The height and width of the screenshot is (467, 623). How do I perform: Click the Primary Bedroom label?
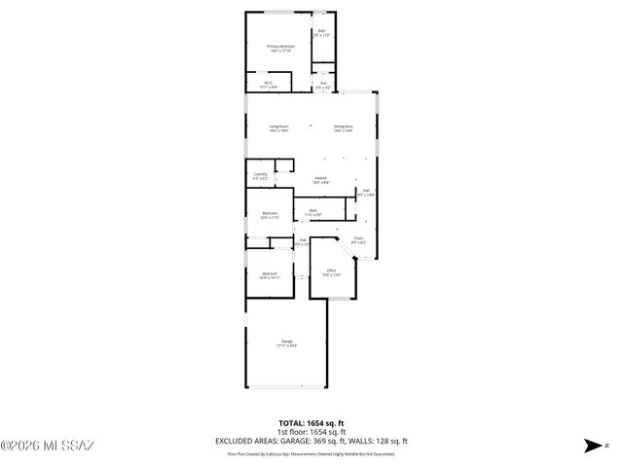(281, 47)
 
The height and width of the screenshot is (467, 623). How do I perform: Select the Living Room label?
(280, 128)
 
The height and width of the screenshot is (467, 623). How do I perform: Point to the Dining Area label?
(343, 128)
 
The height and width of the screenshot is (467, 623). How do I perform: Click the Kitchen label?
(320, 180)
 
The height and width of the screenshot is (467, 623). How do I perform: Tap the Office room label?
(331, 272)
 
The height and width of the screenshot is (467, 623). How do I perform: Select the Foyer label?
(358, 239)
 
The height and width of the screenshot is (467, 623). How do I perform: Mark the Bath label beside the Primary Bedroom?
(321, 32)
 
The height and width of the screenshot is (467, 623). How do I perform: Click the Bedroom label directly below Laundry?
(270, 215)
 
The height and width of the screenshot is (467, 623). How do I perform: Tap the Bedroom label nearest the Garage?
(270, 275)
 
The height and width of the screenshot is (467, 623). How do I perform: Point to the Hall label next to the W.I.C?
(323, 85)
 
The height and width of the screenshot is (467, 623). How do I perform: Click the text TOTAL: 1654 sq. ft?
(311, 423)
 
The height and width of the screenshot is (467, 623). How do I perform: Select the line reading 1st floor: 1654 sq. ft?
(311, 432)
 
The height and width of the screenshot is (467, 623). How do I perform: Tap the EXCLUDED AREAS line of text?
(311, 442)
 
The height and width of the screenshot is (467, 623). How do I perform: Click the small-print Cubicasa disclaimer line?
(311, 452)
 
